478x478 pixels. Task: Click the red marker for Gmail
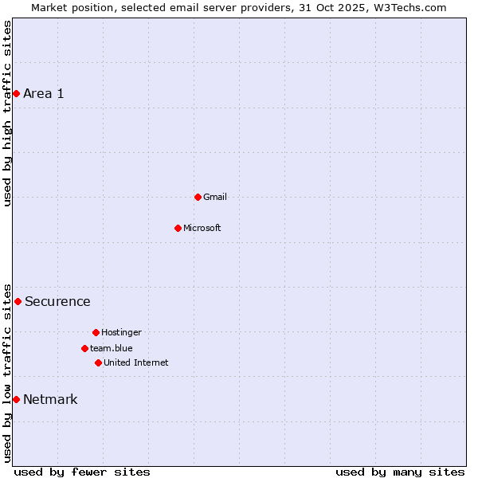pos(198,197)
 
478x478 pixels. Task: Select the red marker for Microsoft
pos(178,228)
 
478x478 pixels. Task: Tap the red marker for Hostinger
pos(96,332)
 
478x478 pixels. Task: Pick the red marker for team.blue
pos(84,348)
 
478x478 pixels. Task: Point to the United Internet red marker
pos(98,362)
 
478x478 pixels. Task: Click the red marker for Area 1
pos(16,94)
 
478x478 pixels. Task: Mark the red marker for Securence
pos(18,301)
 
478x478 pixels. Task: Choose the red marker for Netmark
pos(16,399)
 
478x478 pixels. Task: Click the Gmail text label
pos(215,197)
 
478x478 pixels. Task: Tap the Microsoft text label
pos(202,228)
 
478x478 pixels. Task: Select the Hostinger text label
pos(121,332)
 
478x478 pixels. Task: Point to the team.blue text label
pos(112,348)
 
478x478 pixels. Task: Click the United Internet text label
pos(136,362)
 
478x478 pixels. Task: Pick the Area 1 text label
pos(44,94)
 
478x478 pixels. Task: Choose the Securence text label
pos(57,301)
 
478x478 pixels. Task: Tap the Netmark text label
pos(50,399)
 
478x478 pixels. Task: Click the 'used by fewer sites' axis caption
pos(82,472)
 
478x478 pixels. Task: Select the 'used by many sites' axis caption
pos(400,472)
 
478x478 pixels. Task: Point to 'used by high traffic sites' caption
pos(7,113)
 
